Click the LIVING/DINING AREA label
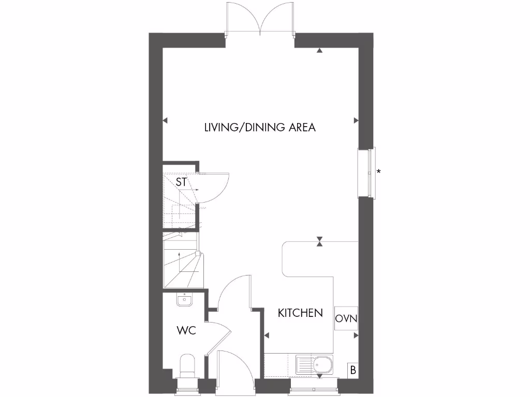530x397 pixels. tap(259, 127)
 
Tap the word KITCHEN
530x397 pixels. tap(300, 313)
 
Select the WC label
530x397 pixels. tap(186, 330)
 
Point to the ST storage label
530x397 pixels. tap(181, 182)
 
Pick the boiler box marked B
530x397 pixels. tap(353, 370)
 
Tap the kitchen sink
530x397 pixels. tap(315, 366)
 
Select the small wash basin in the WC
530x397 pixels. tap(184, 299)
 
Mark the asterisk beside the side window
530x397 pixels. tap(379, 172)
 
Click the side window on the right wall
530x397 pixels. tap(366, 173)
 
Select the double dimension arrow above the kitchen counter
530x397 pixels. tap(320, 241)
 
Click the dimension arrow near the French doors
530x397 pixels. tap(320, 51)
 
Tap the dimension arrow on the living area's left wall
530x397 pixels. tap(165, 120)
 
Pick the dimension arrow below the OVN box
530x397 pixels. tap(356, 335)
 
